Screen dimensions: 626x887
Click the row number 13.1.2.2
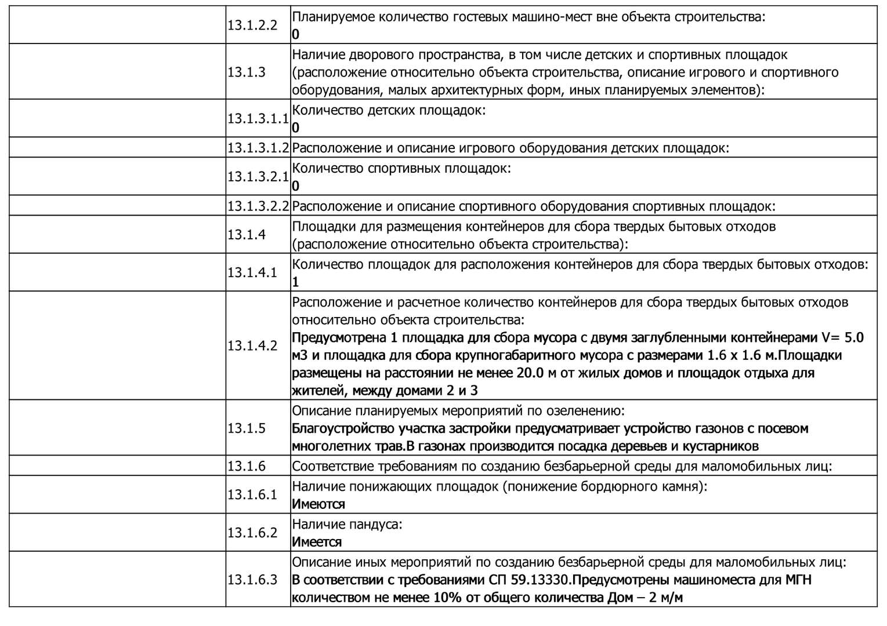pos(252,26)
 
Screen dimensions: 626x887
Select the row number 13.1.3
pos(247,72)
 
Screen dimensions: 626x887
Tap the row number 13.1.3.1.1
pos(258,118)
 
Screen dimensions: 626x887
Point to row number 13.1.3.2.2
pos(258,206)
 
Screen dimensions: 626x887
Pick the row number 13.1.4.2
pos(252,345)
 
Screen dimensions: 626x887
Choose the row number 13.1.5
pos(247,428)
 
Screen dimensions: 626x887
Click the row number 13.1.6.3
pos(252,579)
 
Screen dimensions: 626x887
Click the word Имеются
pos(318,504)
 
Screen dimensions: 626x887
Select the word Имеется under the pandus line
pos(317,542)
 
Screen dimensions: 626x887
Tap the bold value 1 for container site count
pos(295,282)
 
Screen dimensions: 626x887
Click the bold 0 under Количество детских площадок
pos(295,128)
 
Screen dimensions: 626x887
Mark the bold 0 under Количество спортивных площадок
pos(295,186)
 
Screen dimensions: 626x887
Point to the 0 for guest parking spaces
pos(295,34)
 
